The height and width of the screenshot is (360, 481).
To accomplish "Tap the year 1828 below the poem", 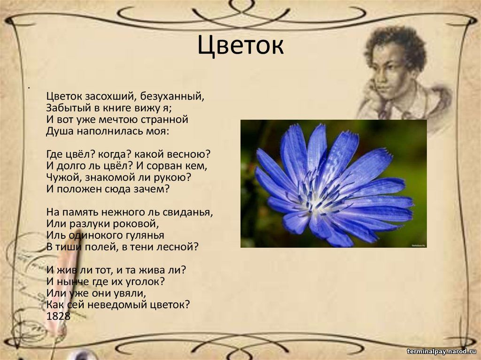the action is coord(58,316).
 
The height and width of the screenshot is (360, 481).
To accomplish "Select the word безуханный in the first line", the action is coord(172,96).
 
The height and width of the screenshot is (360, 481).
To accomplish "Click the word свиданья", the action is coord(188,212).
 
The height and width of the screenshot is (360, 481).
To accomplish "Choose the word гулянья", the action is coord(145,236).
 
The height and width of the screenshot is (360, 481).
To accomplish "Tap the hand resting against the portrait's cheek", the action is coord(371,92).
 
